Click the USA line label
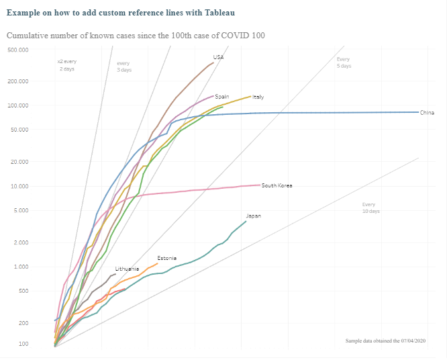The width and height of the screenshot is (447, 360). point(218,57)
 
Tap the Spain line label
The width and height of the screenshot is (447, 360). point(222,97)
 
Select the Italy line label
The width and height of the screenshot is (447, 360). point(258,97)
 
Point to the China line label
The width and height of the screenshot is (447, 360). point(427,112)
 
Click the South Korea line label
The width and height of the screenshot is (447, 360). point(277,185)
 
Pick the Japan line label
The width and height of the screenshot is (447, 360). point(254,216)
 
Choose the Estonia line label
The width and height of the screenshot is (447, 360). point(167,258)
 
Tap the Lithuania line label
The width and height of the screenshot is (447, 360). point(127,269)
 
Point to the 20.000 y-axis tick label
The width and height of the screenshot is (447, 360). point(19,162)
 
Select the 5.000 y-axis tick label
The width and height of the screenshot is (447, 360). point(20,210)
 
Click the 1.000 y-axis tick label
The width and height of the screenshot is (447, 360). point(20,267)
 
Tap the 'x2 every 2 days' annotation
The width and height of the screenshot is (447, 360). point(66,65)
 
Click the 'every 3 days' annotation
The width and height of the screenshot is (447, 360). point(124,66)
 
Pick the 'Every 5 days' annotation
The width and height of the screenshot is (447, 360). point(343,62)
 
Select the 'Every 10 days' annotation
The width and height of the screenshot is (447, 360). point(370,208)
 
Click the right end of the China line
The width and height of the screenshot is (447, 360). point(417,112)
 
